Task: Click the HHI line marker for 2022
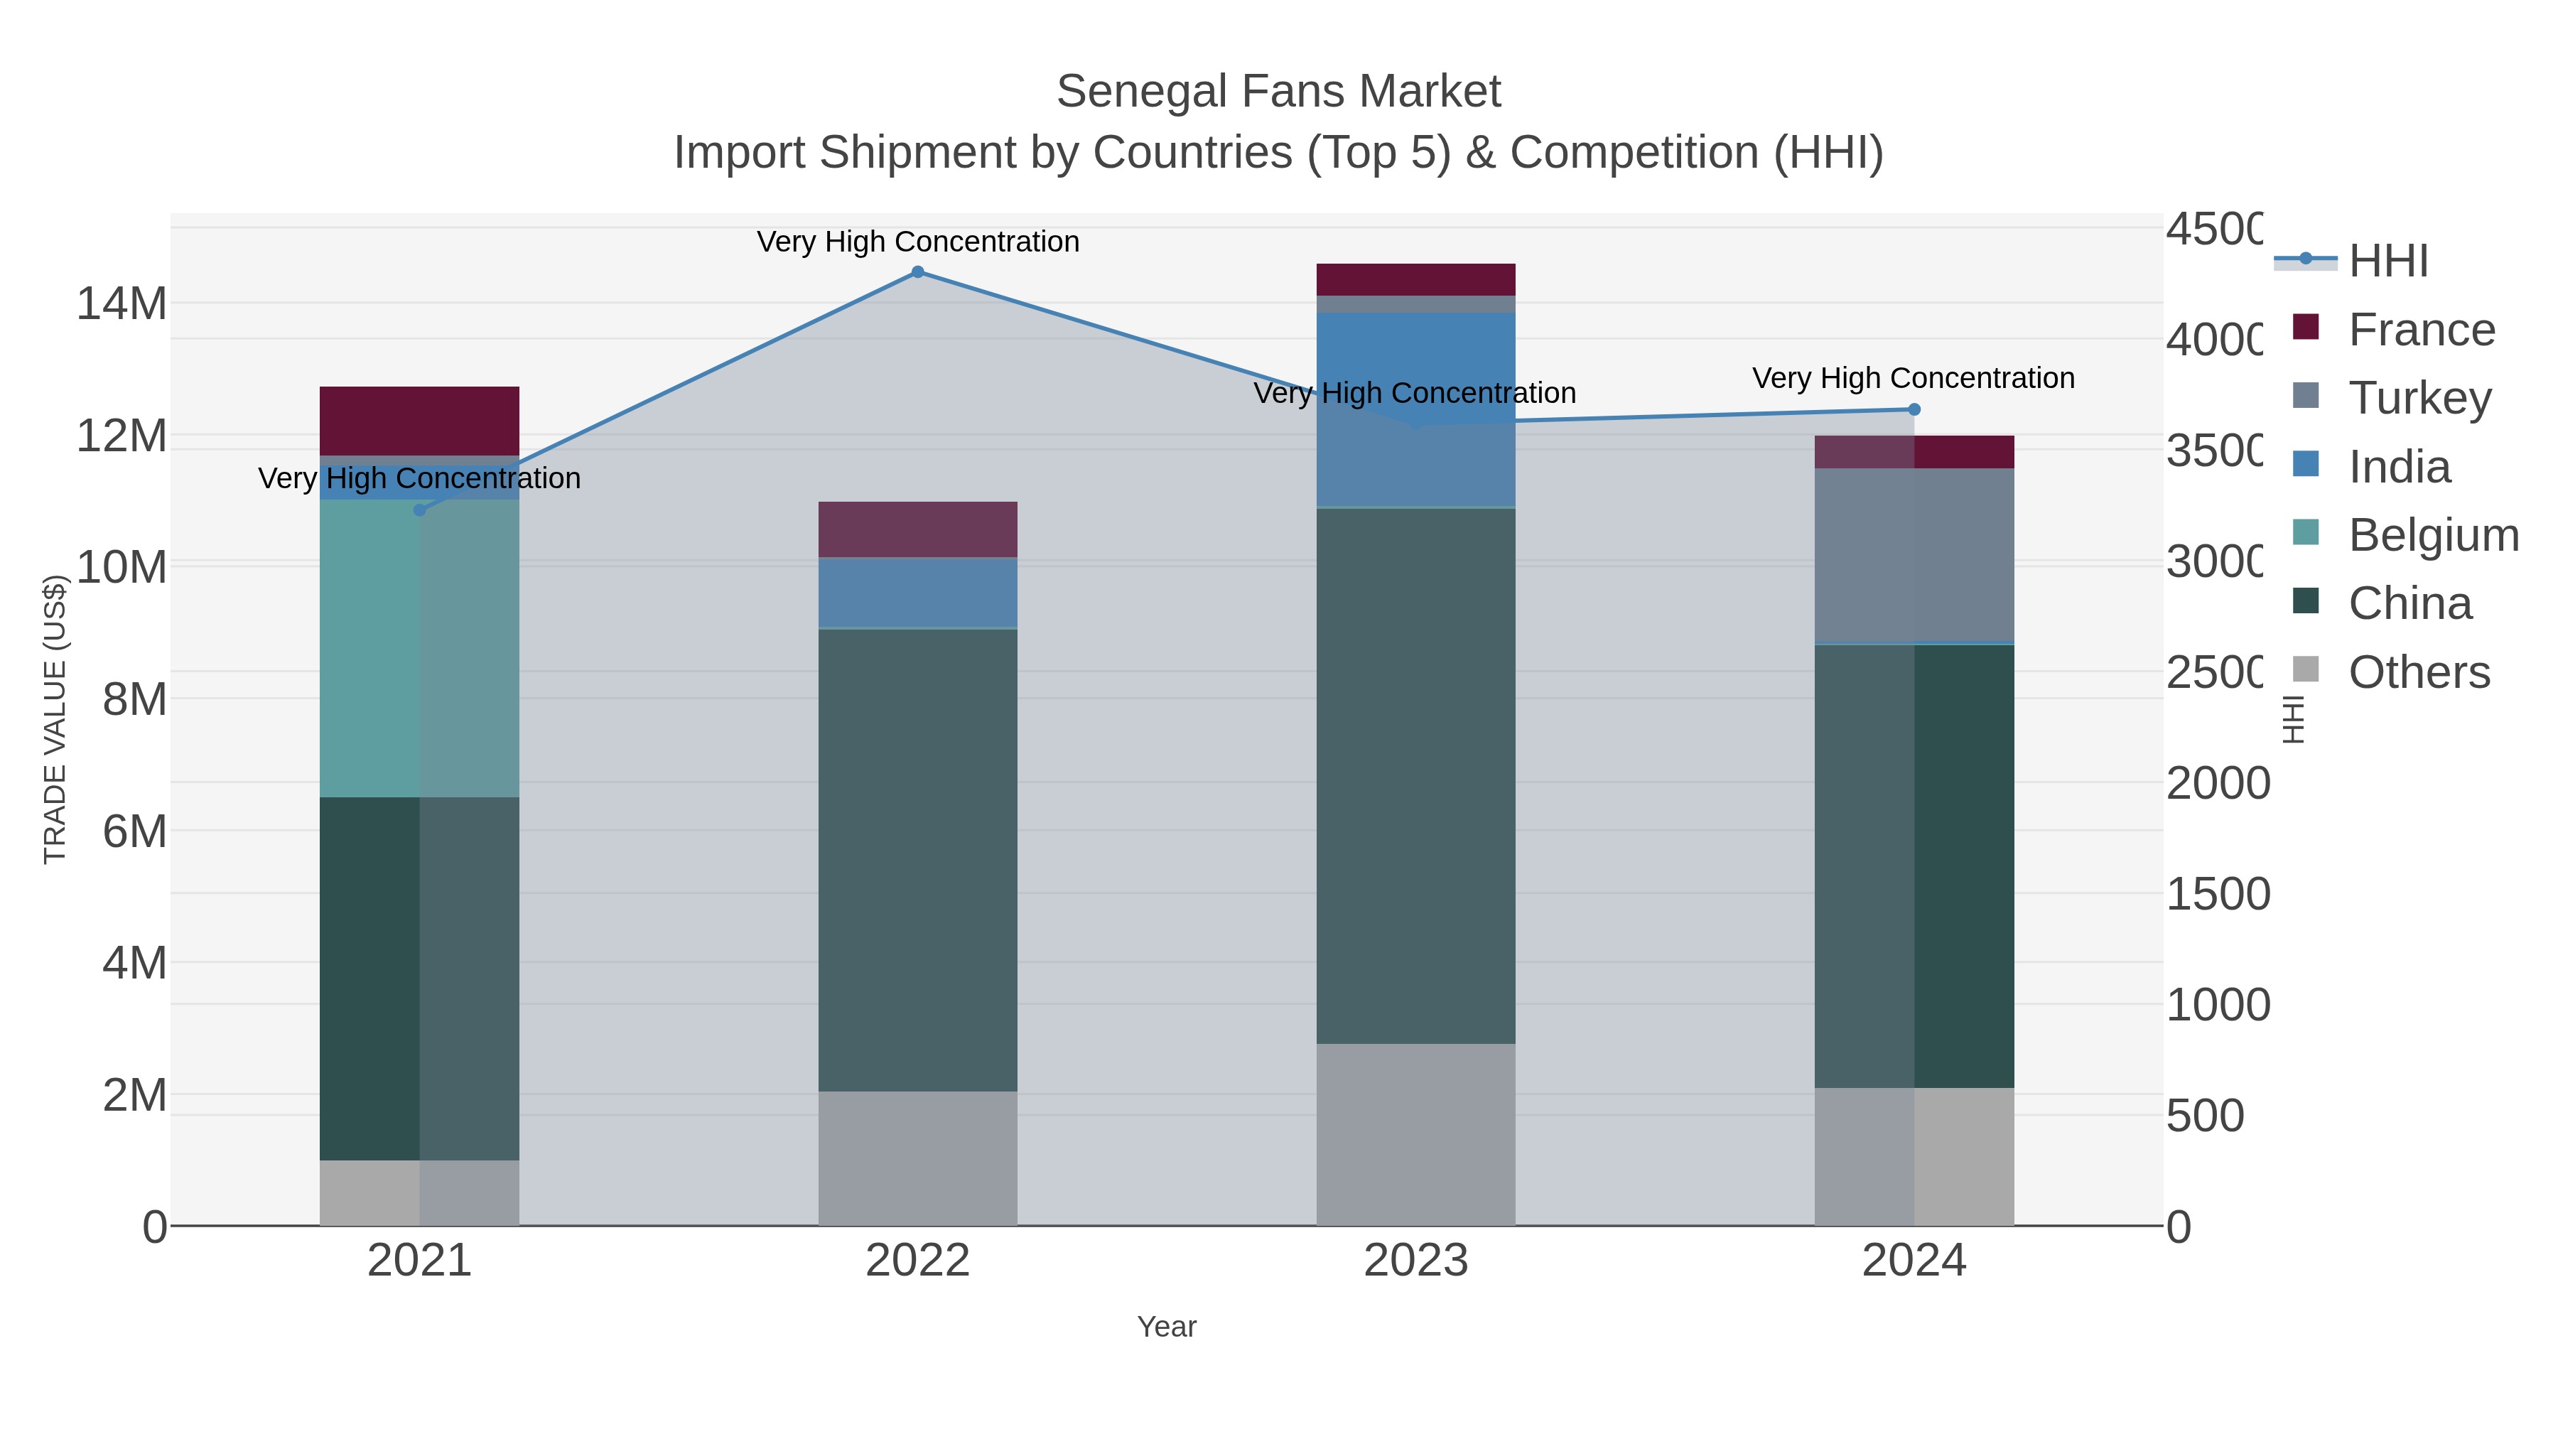(x=917, y=272)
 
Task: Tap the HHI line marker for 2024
(x=1914, y=409)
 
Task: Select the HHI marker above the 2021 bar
(x=419, y=510)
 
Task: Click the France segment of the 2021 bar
(x=419, y=420)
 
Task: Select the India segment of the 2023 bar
(x=1415, y=409)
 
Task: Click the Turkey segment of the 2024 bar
(x=1914, y=556)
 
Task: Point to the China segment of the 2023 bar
(x=1415, y=775)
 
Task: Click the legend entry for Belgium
(x=2432, y=534)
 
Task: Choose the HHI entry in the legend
(x=2387, y=260)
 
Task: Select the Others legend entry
(x=2418, y=672)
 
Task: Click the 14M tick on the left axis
(x=121, y=303)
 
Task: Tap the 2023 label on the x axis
(x=1415, y=1260)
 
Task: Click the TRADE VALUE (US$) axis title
(x=55, y=719)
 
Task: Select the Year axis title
(x=1167, y=1327)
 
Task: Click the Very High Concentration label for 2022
(x=917, y=242)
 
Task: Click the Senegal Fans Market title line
(x=1278, y=92)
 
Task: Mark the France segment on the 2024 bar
(x=1914, y=452)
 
